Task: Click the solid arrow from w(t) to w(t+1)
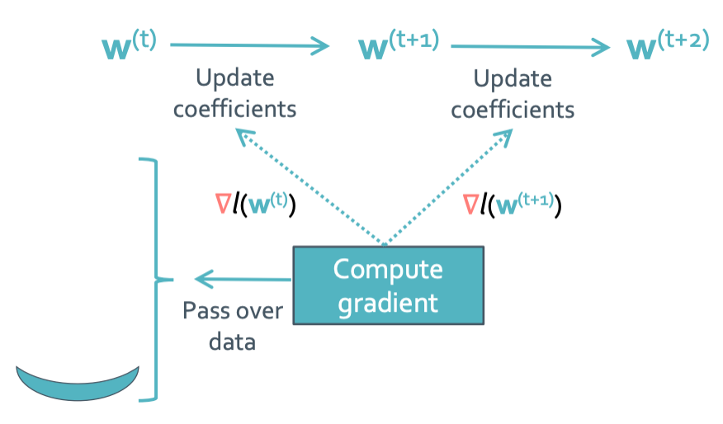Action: pos(249,45)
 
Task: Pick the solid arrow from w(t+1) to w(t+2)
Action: pos(530,46)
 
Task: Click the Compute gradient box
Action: pos(388,285)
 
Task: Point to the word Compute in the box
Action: pos(388,270)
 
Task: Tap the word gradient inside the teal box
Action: pos(388,304)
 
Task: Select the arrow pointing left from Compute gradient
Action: pos(243,280)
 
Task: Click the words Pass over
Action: pos(233,311)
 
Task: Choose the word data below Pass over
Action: pos(233,342)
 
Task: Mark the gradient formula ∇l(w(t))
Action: pos(256,205)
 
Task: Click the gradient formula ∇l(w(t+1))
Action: pos(513,205)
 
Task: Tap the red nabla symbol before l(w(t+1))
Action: pos(470,205)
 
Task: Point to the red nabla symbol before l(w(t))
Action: pos(223,204)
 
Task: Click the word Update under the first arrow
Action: pos(235,78)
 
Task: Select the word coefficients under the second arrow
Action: pos(513,111)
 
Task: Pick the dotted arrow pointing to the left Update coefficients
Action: pos(310,186)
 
